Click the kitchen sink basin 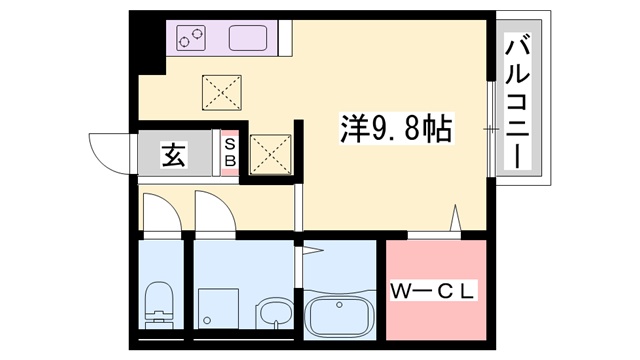pyautogui.click(x=249, y=38)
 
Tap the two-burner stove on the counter pyautogui.click(x=190, y=38)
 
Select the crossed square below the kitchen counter pyautogui.click(x=221, y=93)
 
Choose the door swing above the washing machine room pyautogui.click(x=212, y=212)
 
